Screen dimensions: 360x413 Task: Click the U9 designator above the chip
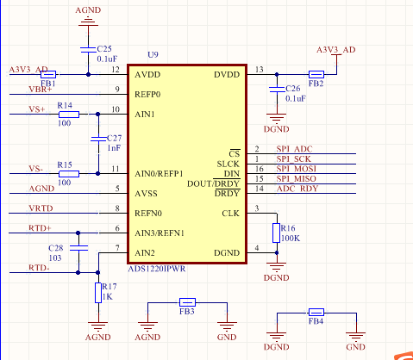153,54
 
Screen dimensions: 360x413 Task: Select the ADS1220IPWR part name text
156,268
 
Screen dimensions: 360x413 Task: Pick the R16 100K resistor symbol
276,233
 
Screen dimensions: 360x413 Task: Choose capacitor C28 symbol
78,247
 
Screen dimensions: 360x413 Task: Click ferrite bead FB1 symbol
47,75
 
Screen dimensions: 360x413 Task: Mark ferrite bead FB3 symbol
186,302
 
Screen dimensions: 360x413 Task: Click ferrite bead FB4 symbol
316,312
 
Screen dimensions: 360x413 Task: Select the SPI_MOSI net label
297,168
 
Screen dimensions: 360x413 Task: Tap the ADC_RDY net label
297,189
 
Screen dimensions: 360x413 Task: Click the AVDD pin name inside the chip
148,75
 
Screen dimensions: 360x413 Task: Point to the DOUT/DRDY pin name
213,183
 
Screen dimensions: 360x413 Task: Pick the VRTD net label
41,208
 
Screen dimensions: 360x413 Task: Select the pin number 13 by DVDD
260,69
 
